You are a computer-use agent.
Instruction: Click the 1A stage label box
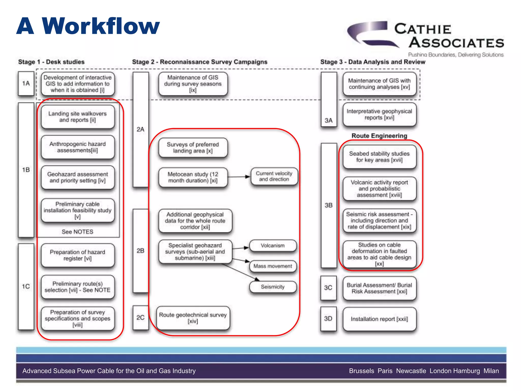pos(26,83)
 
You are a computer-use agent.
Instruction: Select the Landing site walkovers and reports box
pos(78,117)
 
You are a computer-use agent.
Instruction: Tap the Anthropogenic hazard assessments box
pos(78,147)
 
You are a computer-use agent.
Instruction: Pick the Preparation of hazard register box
pos(78,255)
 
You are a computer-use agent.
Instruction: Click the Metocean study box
pos(193,177)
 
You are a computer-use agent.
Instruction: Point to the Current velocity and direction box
pos(274,176)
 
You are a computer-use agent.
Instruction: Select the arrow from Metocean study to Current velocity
pos(239,177)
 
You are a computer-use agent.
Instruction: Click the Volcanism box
pos(273,246)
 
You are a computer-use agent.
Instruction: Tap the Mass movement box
pos(273,266)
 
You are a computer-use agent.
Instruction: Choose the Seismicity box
pos(273,287)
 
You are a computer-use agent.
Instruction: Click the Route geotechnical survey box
pos(193,318)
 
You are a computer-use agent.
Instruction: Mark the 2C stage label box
pos(140,318)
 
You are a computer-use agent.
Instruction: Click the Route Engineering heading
pos(379,136)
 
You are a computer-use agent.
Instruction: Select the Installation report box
pos(379,319)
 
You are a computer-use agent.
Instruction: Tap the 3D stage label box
pos(328,319)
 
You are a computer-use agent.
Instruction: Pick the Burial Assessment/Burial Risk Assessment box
pos(379,288)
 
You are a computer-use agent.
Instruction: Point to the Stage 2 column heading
pos(200,62)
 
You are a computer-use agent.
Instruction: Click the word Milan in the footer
pos(491,371)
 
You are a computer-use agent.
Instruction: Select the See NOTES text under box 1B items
pos(78,232)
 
